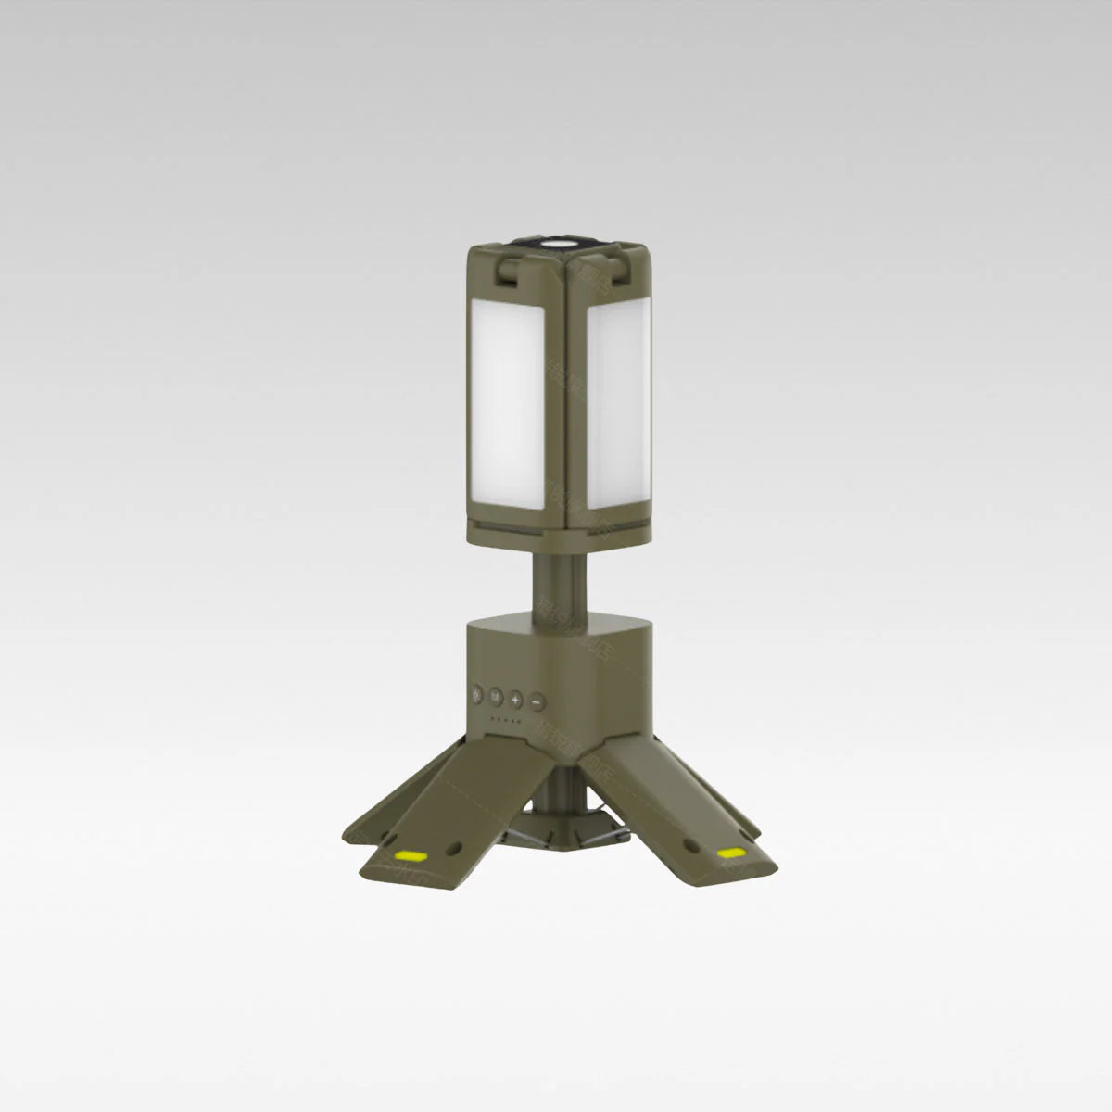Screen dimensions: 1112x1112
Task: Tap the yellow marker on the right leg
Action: (732, 851)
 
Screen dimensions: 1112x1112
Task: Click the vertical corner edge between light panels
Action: (575, 398)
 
